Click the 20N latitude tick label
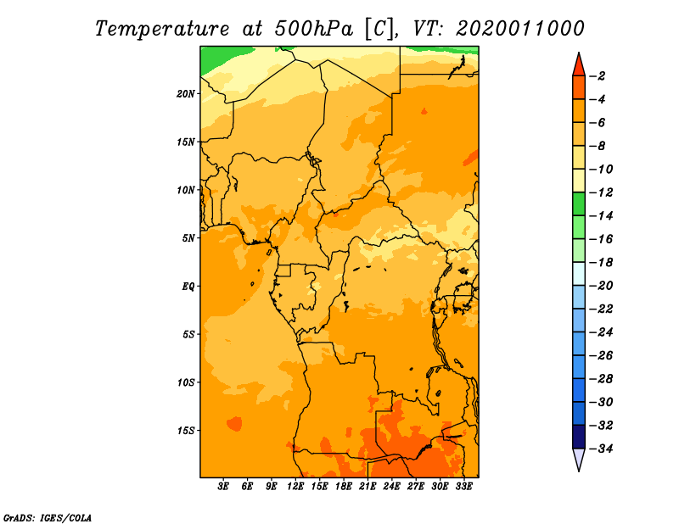(186, 94)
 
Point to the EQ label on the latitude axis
(188, 287)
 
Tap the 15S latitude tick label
(186, 431)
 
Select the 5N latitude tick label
(188, 238)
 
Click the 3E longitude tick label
(223, 487)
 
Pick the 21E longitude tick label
(368, 487)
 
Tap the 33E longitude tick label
(463, 487)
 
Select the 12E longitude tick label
(295, 487)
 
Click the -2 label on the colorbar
(598, 76)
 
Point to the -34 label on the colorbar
(601, 449)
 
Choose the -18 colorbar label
(601, 263)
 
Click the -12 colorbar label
(601, 192)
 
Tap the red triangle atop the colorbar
(579, 65)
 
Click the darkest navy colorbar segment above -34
(579, 437)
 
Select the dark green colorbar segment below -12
(579, 204)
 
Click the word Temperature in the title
(162, 29)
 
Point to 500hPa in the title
(313, 29)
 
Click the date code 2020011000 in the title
(520, 29)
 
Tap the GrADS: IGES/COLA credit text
(48, 518)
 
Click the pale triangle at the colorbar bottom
(579, 458)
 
